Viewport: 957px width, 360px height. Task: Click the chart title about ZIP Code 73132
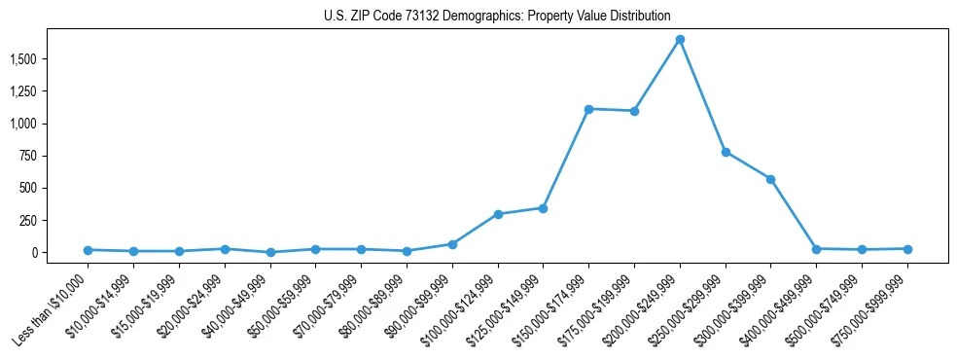(x=497, y=16)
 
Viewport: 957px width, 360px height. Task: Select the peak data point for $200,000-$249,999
(x=680, y=40)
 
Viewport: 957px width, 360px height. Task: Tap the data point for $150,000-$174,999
(x=588, y=109)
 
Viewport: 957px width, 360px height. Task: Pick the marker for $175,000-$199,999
(x=634, y=111)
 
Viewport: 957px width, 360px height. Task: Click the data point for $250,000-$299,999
(x=726, y=152)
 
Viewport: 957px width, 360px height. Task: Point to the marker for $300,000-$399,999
(x=770, y=179)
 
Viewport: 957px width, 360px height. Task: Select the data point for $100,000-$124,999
(x=498, y=214)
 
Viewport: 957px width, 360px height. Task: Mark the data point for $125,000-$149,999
(x=543, y=208)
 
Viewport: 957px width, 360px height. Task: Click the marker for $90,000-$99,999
(x=452, y=244)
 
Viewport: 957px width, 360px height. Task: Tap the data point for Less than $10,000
(x=89, y=250)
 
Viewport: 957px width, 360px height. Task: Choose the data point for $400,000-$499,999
(x=816, y=249)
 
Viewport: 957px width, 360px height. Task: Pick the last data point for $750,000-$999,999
(x=907, y=249)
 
